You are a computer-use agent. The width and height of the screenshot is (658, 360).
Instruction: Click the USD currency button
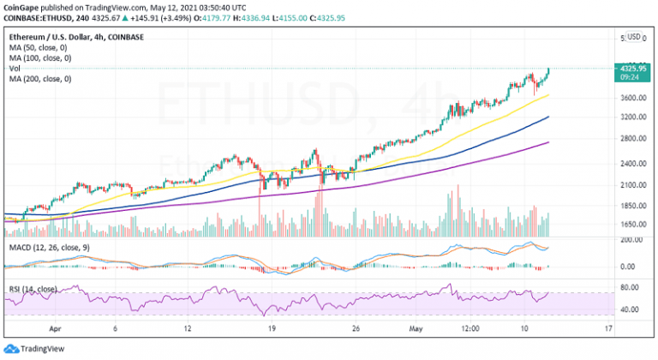(634, 37)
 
